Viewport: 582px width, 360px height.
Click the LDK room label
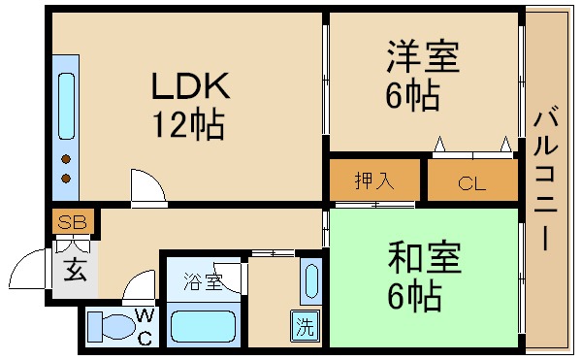(189, 86)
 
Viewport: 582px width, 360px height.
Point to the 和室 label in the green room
(424, 258)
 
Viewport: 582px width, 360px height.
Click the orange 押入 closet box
(374, 180)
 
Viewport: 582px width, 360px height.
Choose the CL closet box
(472, 181)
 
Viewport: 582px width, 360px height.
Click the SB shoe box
(72, 222)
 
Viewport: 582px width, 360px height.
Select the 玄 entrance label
(74, 270)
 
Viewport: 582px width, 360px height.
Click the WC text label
(144, 327)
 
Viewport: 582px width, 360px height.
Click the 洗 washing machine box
(306, 327)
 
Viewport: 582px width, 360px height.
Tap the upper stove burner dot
(66, 158)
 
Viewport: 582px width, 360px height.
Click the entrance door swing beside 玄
(36, 269)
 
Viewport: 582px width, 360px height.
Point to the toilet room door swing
(139, 288)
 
